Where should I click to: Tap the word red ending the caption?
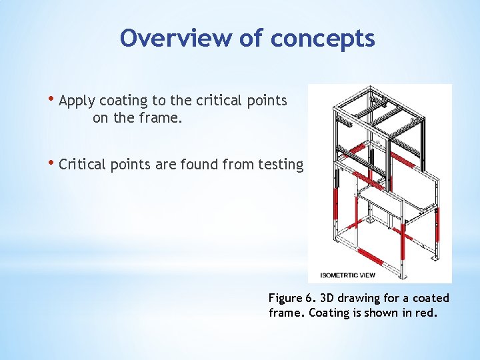pos(427,313)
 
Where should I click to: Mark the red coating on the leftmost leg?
pos(335,203)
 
